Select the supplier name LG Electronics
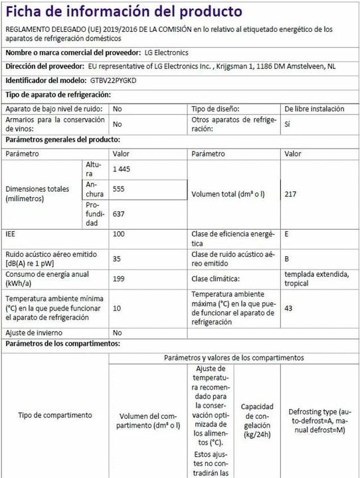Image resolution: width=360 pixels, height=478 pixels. [x=166, y=52]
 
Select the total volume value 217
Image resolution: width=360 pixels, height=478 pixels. [x=291, y=195]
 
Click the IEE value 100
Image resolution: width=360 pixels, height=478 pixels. [x=120, y=234]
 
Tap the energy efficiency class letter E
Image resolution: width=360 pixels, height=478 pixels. [x=287, y=234]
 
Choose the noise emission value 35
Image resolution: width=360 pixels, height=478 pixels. [x=117, y=259]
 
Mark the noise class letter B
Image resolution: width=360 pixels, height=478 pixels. [x=287, y=259]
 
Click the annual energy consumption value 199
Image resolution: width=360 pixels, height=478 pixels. [x=119, y=279]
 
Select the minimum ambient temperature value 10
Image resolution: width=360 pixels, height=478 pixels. [x=117, y=308]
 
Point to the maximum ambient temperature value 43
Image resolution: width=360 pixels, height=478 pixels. [x=288, y=308]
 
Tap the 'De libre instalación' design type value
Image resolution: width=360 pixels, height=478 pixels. [x=314, y=109]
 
